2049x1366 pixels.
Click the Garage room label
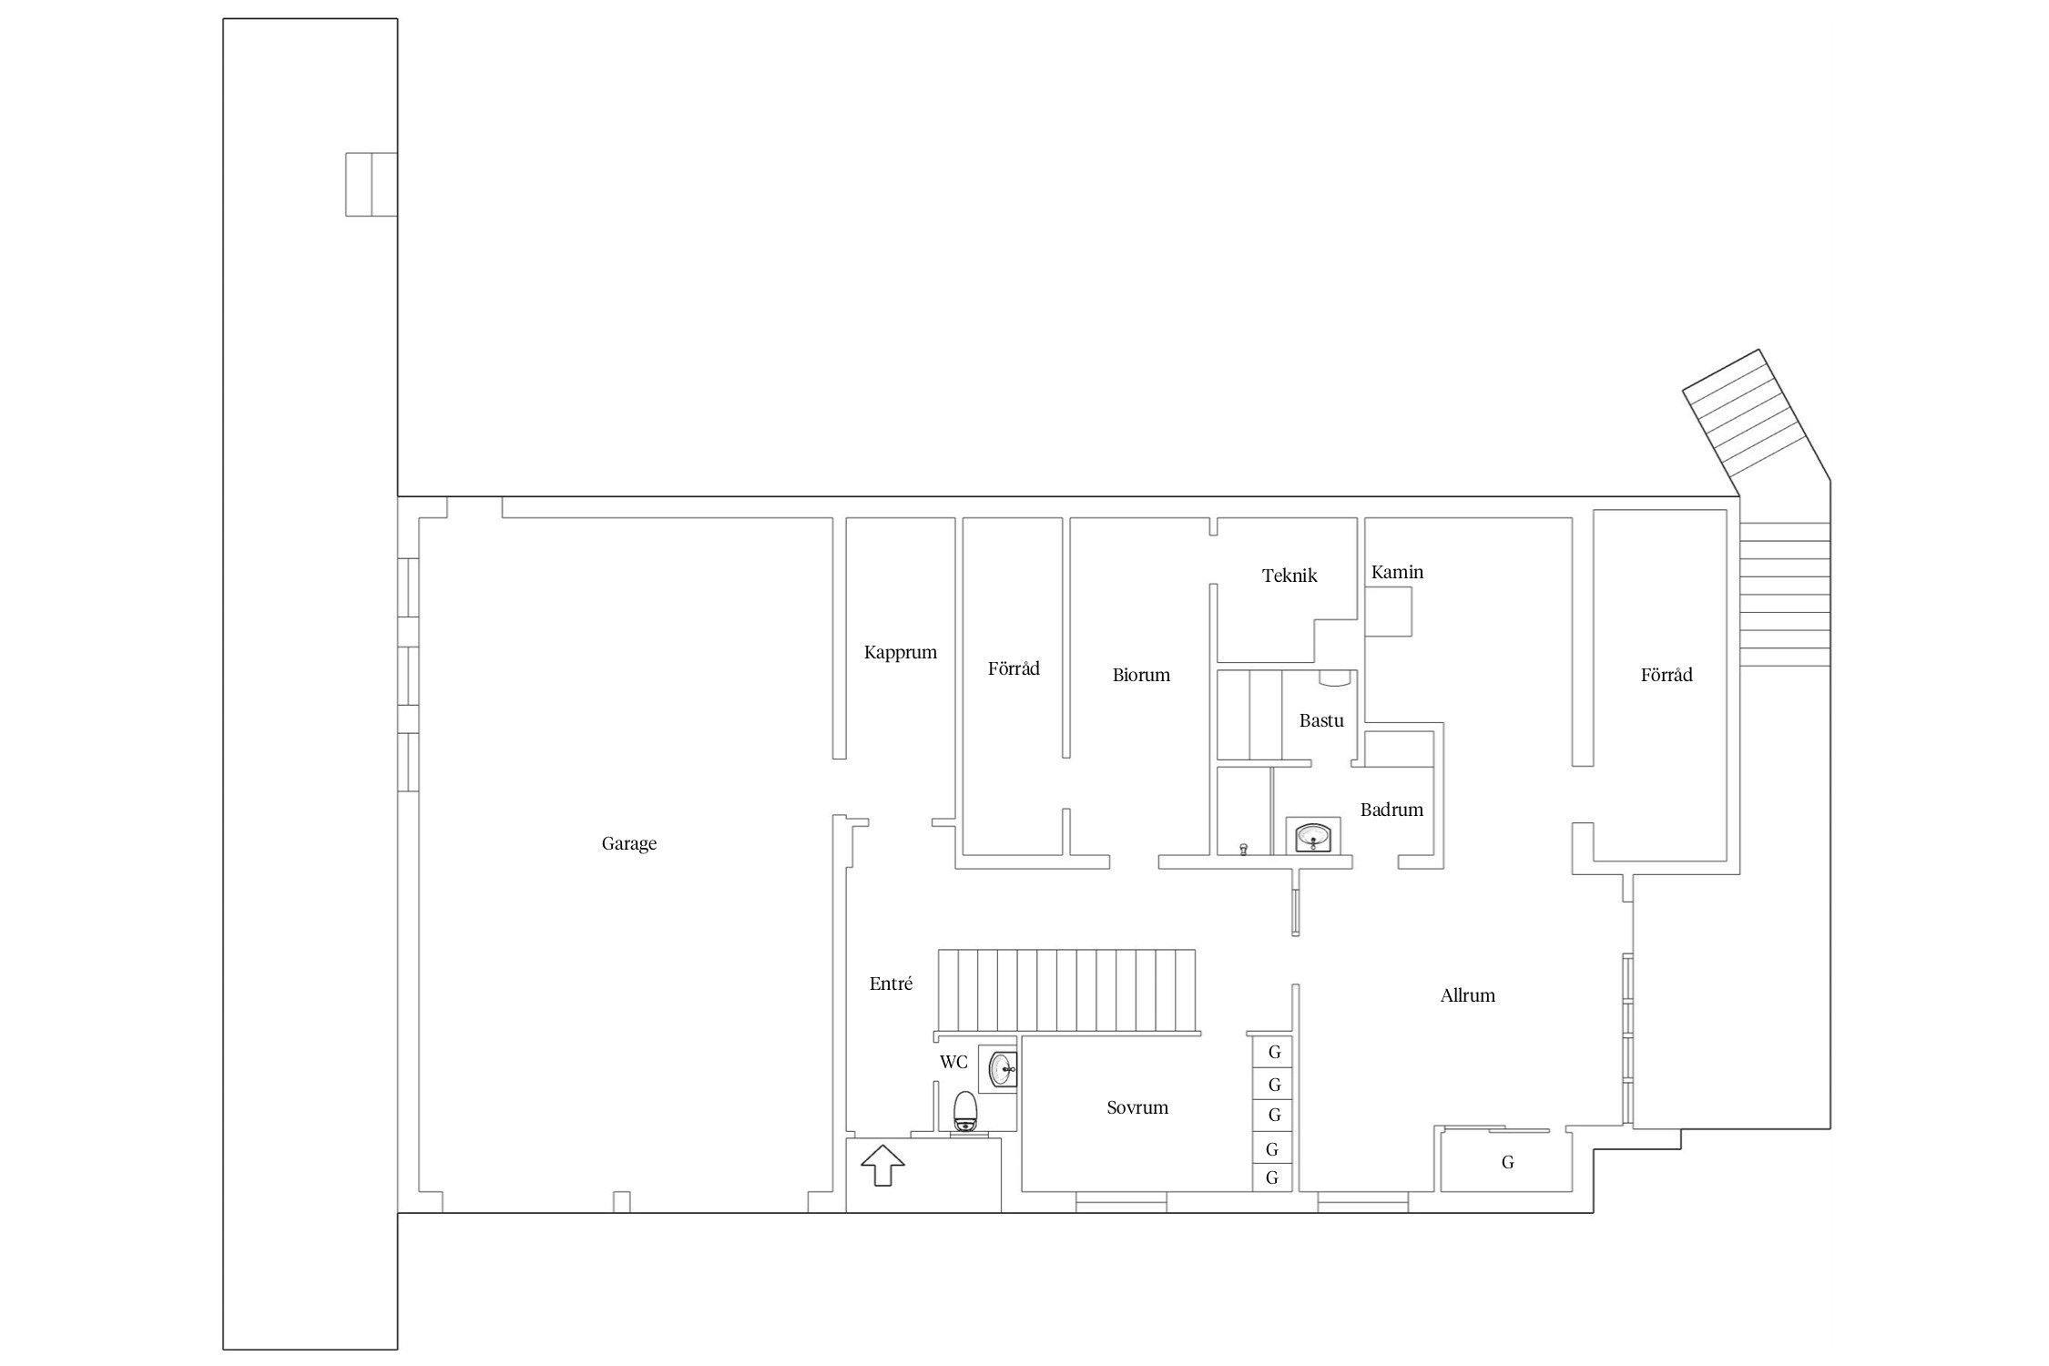pyautogui.click(x=628, y=844)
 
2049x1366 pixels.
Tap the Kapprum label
pyautogui.click(x=900, y=653)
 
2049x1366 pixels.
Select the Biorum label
pyautogui.click(x=1141, y=675)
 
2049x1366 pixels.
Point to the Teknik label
pyautogui.click(x=1290, y=576)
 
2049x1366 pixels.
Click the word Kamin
pyautogui.click(x=1397, y=572)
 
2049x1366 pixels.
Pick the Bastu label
pyautogui.click(x=1321, y=720)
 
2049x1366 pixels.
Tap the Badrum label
pyautogui.click(x=1391, y=810)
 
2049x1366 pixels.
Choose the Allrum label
pyautogui.click(x=1468, y=995)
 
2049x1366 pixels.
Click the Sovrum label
pyautogui.click(x=1137, y=1107)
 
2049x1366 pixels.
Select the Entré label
pyautogui.click(x=891, y=984)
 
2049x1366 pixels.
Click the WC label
pyautogui.click(x=953, y=1062)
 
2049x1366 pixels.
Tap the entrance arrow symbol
pyautogui.click(x=882, y=1165)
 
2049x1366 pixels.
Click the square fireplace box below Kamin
pyautogui.click(x=1388, y=611)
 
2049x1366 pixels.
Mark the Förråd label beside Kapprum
pyautogui.click(x=1014, y=668)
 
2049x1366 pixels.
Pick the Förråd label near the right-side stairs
pyautogui.click(x=1667, y=675)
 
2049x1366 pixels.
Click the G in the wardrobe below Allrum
pyautogui.click(x=1508, y=1163)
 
